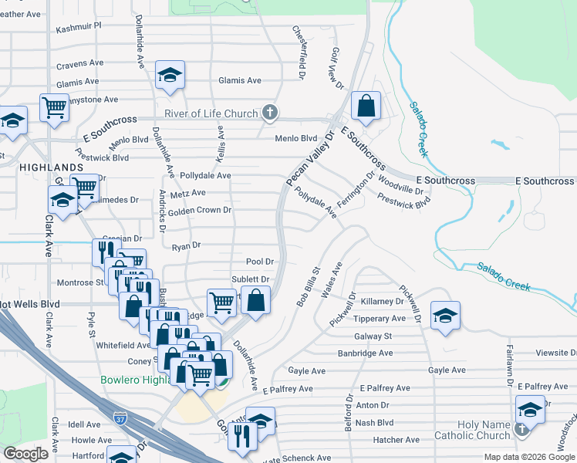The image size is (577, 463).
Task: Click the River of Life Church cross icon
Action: tap(269, 113)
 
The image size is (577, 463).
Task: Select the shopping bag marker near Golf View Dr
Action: tap(366, 106)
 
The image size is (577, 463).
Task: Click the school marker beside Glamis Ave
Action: tap(169, 75)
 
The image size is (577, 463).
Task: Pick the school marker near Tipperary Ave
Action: tap(444, 316)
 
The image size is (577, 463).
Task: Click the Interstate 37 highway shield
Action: tap(120, 418)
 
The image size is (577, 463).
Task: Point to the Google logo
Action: tap(25, 453)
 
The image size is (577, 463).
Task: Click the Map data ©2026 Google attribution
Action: tap(528, 457)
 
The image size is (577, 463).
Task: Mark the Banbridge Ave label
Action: tap(365, 353)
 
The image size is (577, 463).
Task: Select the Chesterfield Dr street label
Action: tap(299, 44)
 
